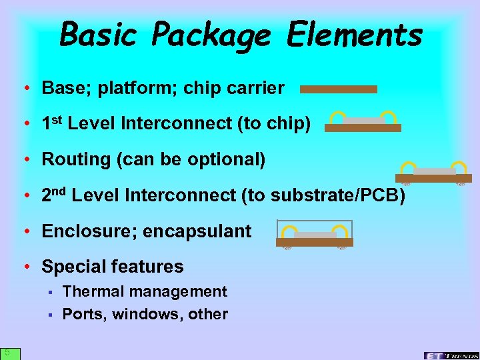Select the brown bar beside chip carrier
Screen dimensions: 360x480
pyautogui.click(x=338, y=89)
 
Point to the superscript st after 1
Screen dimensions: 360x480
pyautogui.click(x=59, y=120)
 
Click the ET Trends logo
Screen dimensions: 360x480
pyautogui.click(x=451, y=355)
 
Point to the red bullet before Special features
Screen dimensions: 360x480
pyautogui.click(x=26, y=267)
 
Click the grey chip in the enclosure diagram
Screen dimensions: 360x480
pyautogui.click(x=315, y=235)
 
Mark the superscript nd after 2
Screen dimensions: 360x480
pyautogui.click(x=60, y=191)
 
